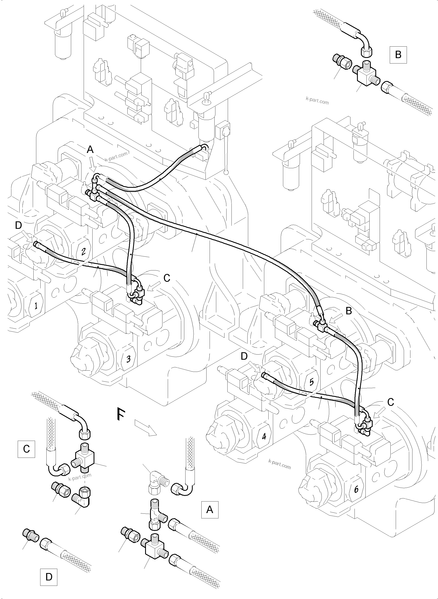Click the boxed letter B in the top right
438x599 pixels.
(x=398, y=55)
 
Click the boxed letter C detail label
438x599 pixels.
(x=26, y=449)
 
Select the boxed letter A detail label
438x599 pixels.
(x=210, y=509)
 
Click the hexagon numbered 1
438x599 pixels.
(x=35, y=306)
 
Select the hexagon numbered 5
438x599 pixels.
(x=311, y=382)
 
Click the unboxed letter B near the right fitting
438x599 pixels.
(x=349, y=311)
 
